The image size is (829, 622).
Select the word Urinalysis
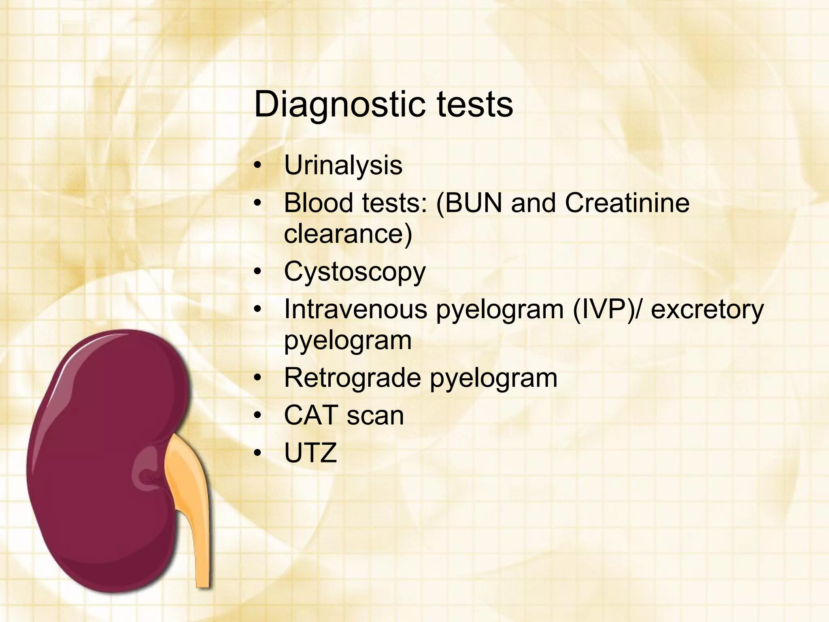(x=343, y=165)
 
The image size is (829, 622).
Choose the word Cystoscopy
(x=355, y=272)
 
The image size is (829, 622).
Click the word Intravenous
(x=355, y=309)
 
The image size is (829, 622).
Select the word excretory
(x=707, y=310)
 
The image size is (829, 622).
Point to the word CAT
(x=310, y=415)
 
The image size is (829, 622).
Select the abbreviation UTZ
(x=310, y=453)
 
